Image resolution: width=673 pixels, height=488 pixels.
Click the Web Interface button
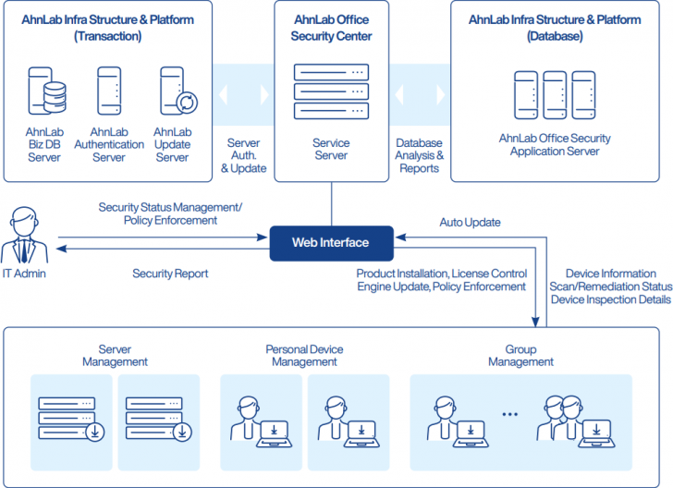coord(330,243)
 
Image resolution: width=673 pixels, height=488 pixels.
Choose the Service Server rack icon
coord(330,91)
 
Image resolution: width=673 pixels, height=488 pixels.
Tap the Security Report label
coord(170,274)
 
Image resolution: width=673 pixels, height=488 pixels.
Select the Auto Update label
coord(470,223)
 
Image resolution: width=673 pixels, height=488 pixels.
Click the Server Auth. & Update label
coord(246,156)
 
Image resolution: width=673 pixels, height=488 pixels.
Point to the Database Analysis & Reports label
coord(419,156)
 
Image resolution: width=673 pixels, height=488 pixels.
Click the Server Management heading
coord(115,356)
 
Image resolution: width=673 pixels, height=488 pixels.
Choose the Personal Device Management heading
coord(304,356)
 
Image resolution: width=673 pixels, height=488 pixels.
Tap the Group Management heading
coord(520,356)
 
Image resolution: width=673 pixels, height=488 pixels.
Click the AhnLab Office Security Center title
coord(330,28)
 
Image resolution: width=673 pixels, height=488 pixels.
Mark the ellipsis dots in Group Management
coord(510,414)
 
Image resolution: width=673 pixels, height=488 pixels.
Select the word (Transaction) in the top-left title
coord(108,36)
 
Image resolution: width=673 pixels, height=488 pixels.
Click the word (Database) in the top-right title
coord(555,36)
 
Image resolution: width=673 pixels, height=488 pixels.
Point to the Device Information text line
coord(610,274)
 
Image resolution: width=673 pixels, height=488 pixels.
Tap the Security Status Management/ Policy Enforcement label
coord(170,214)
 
